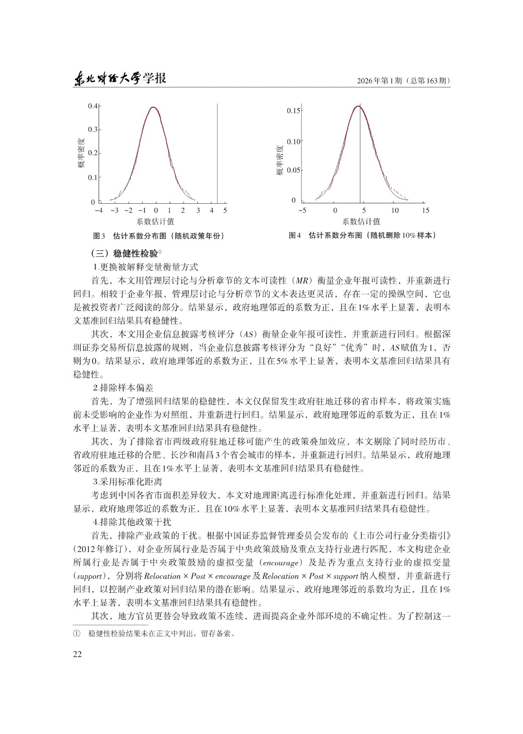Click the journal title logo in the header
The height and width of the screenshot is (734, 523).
pyautogui.click(x=120, y=78)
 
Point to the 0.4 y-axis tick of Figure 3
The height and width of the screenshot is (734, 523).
pyautogui.click(x=93, y=106)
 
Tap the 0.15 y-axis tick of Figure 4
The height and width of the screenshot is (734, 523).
pyautogui.click(x=294, y=111)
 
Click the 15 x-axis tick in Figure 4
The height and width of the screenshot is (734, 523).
pyautogui.click(x=425, y=211)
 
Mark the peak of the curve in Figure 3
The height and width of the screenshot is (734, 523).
pyautogui.click(x=153, y=107)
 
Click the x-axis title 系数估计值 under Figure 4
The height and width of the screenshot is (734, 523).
pyautogui.click(x=361, y=222)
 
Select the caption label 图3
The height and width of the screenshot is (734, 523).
pyautogui.click(x=100, y=236)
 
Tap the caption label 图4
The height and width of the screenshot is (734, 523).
pyautogui.click(x=295, y=236)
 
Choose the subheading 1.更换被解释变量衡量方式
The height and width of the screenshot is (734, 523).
pyautogui.click(x=145, y=267)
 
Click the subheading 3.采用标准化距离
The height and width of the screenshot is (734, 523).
pyautogui.click(x=127, y=482)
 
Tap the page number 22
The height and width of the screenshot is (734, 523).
pyautogui.click(x=77, y=654)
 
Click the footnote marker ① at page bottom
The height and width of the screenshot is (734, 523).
pyautogui.click(x=76, y=634)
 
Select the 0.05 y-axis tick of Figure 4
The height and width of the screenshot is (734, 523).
pyautogui.click(x=294, y=171)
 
